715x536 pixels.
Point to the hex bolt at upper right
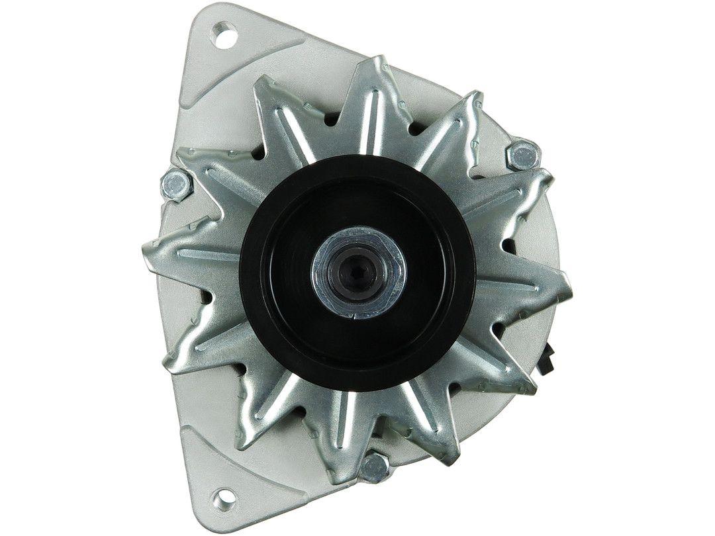(522, 156)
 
